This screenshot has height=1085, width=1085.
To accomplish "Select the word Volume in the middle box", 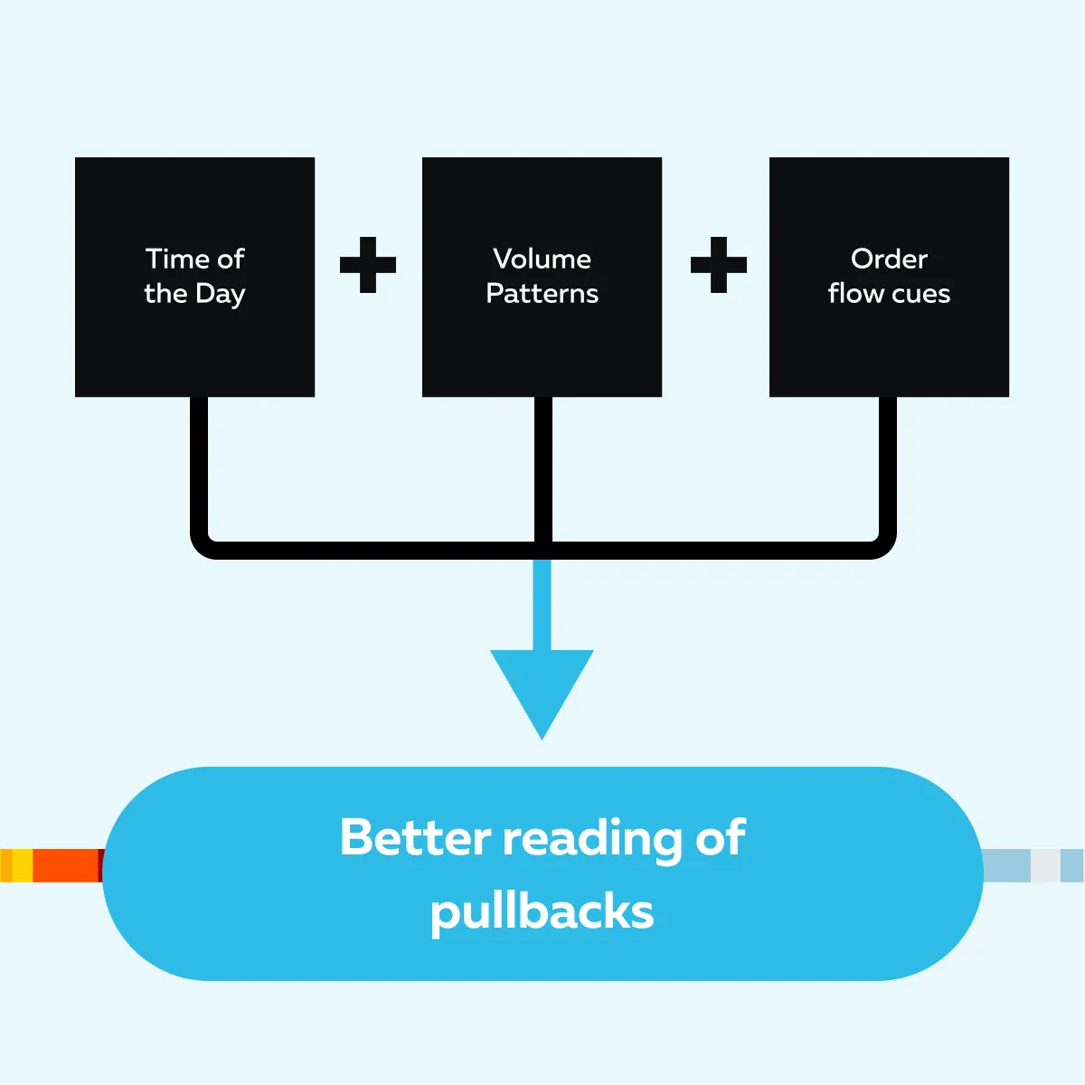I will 542,259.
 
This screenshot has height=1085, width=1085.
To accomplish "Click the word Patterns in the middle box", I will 542,294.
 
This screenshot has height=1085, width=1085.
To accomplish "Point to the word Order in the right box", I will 889,259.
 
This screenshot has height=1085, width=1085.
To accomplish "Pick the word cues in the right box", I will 920,294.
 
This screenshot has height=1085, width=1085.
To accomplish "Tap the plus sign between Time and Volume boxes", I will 368,265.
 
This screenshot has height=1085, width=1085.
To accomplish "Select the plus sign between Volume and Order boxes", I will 719,265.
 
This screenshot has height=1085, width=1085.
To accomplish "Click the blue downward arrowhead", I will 542,687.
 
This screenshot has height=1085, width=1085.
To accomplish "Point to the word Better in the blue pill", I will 415,837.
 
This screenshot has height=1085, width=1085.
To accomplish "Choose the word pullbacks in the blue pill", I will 542,911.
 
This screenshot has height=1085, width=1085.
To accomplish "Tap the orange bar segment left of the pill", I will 66,865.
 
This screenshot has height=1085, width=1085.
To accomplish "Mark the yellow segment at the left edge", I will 22,865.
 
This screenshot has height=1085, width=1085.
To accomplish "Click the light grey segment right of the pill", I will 1045,865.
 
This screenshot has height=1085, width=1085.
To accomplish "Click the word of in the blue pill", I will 721,837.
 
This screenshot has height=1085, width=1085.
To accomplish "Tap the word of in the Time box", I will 231,259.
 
